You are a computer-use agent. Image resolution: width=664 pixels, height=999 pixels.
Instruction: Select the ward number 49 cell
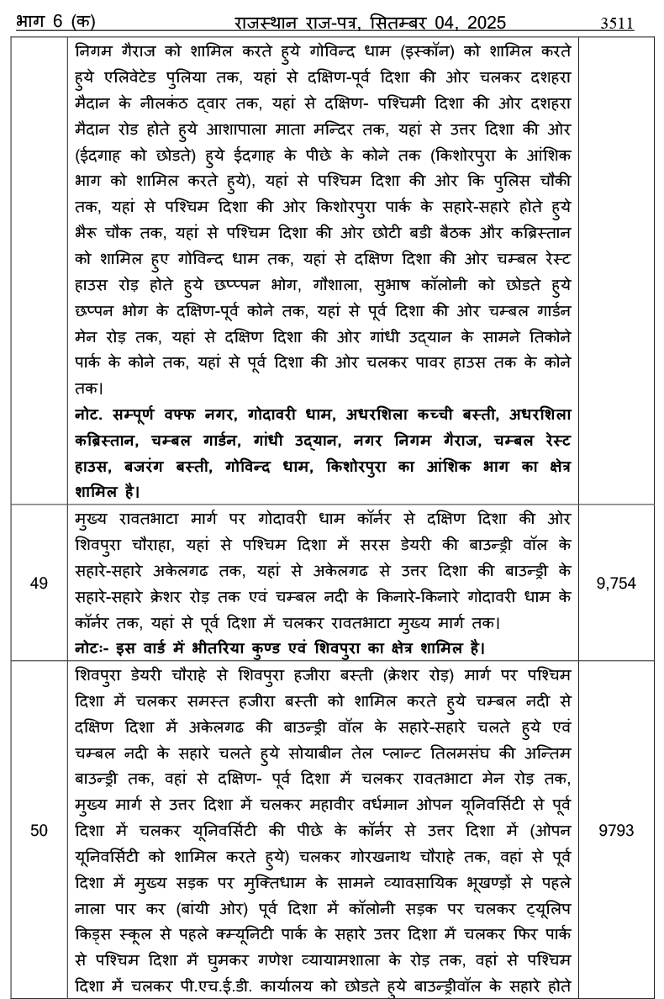[39, 582]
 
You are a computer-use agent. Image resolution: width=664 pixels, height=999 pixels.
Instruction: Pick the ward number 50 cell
[39, 830]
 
